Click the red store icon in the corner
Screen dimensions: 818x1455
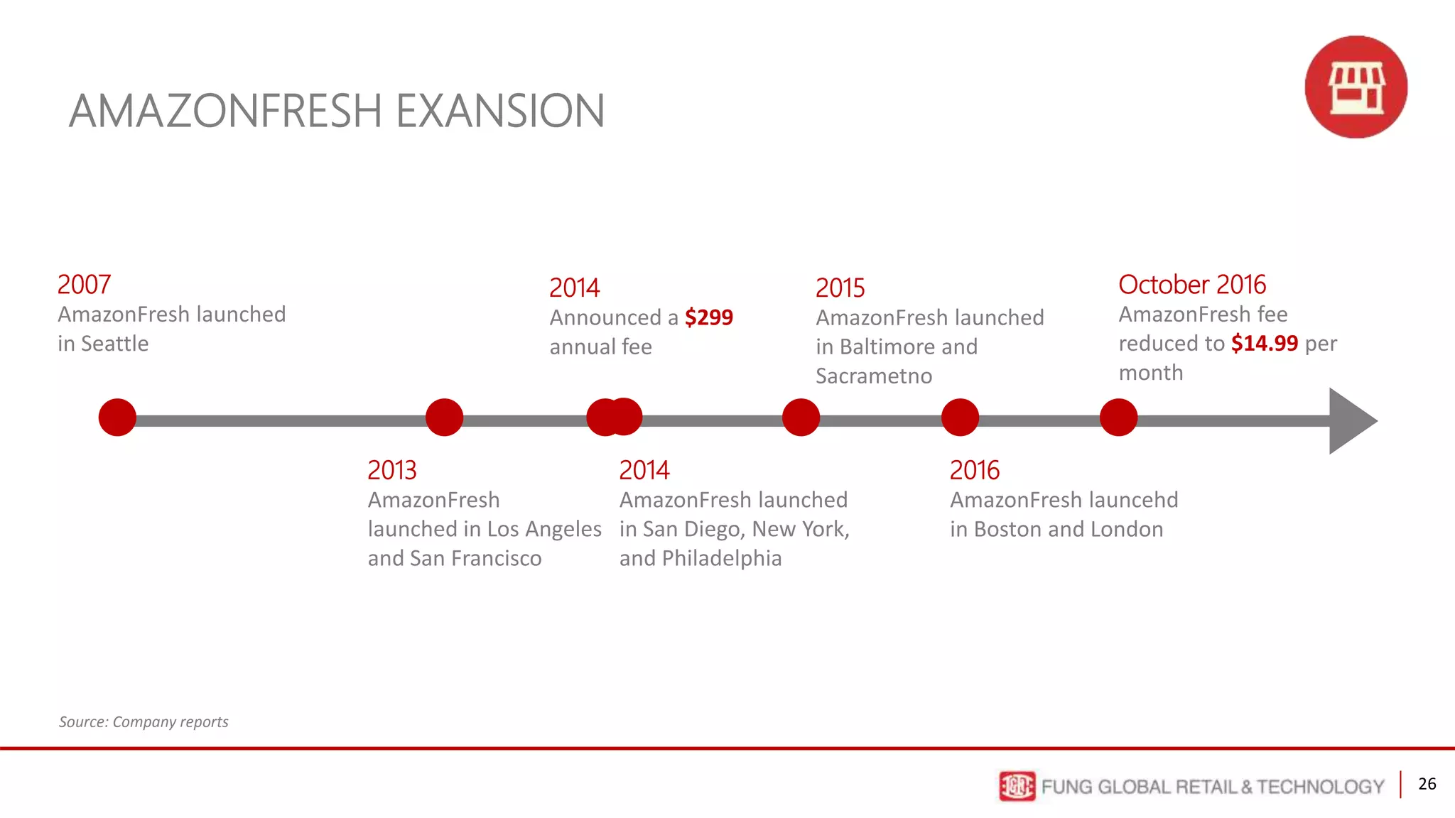(x=1356, y=87)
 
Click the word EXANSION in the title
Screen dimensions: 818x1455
(x=499, y=111)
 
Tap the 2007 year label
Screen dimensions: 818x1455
(x=84, y=285)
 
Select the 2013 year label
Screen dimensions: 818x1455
(x=391, y=470)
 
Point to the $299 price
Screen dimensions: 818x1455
(x=708, y=317)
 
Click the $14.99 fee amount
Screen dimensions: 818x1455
(x=1264, y=344)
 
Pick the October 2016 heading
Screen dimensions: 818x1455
(x=1191, y=285)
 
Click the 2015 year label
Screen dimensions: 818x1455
(x=840, y=288)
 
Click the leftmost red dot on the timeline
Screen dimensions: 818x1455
(x=117, y=418)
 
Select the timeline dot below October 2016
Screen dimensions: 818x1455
(x=1118, y=418)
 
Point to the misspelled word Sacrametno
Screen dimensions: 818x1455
(x=873, y=376)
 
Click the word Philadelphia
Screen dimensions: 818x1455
(x=721, y=559)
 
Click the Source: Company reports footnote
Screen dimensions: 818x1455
(x=144, y=722)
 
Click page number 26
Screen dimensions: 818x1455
(x=1427, y=784)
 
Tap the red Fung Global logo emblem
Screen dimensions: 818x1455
(x=1017, y=786)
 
